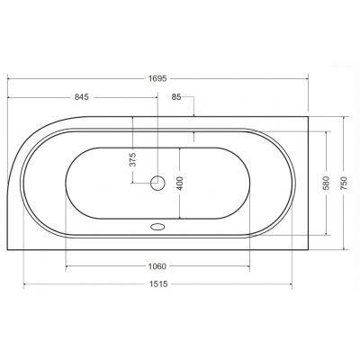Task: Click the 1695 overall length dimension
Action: click(x=157, y=79)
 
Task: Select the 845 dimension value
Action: click(x=82, y=97)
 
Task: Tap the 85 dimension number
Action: click(x=176, y=97)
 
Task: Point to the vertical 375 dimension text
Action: click(x=133, y=159)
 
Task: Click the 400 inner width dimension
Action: click(x=180, y=183)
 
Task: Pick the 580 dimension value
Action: click(x=326, y=183)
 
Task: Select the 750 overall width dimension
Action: click(x=344, y=183)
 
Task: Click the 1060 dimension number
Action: click(x=157, y=266)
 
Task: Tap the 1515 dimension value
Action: click(x=158, y=283)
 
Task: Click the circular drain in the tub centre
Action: click(x=157, y=183)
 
